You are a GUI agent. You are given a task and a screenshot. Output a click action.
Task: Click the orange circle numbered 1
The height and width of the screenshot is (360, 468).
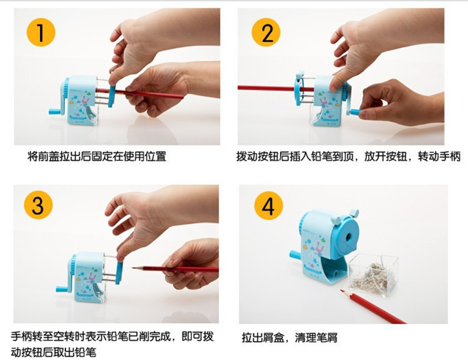click(41, 32)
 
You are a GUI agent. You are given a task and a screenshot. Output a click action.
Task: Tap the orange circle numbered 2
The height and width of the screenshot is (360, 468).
click(266, 32)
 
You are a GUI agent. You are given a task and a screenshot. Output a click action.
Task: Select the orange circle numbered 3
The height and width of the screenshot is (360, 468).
click(39, 205)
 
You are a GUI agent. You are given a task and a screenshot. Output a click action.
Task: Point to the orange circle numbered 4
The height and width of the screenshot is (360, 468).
click(268, 206)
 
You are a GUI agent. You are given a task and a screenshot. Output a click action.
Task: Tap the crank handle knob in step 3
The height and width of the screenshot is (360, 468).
click(62, 289)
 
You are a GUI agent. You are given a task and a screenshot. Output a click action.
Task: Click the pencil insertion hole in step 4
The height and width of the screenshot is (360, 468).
click(349, 236)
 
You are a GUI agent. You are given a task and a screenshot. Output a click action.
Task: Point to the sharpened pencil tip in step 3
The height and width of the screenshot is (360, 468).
click(134, 268)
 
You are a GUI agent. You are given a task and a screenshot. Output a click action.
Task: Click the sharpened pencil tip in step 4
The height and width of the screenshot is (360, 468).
click(342, 290)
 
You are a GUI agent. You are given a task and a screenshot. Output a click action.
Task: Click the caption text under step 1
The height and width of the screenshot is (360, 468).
click(97, 156)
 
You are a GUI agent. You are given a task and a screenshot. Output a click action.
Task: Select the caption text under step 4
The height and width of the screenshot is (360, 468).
click(290, 338)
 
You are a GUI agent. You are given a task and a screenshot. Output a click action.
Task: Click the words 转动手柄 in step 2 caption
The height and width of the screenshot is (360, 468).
click(439, 156)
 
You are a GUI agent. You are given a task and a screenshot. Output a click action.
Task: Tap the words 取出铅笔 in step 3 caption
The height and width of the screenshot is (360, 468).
click(75, 353)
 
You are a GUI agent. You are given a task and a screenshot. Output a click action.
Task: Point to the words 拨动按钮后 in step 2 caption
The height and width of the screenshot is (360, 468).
click(263, 156)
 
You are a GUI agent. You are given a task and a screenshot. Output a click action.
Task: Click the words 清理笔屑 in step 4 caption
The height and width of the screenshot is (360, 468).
click(316, 338)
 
